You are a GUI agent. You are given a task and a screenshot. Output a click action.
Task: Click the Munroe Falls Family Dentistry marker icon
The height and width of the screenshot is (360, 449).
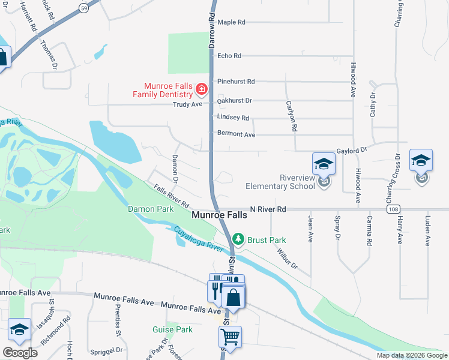tap(202, 91)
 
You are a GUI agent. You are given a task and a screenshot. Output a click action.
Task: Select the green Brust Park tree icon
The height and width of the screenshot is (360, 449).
tap(239, 239)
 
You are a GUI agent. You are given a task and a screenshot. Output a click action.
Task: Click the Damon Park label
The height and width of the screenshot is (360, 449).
tap(150, 209)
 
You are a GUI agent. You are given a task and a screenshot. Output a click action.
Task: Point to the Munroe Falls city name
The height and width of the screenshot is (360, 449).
tap(218, 215)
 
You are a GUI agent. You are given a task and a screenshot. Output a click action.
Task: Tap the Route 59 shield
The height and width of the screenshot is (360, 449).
tap(83, 8)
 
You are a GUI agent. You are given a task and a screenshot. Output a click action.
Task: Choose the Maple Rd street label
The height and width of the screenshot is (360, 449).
tap(232, 22)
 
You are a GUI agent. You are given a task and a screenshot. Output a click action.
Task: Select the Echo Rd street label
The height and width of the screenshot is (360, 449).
tap(229, 56)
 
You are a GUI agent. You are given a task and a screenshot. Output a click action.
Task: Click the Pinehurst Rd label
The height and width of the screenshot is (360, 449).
tap(236, 82)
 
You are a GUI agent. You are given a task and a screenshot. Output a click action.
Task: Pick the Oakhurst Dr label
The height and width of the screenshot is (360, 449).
tap(235, 101)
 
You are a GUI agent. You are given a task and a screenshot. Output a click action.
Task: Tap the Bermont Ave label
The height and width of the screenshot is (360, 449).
tap(236, 134)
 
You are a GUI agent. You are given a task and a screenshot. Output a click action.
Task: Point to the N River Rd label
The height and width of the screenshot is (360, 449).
tap(268, 209)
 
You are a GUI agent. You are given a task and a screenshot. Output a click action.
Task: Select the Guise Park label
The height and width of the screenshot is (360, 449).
tap(172, 329)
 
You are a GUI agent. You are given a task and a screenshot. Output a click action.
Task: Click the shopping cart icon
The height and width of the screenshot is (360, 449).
tap(231, 338)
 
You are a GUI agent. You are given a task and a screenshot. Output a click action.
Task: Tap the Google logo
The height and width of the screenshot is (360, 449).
tap(20, 352)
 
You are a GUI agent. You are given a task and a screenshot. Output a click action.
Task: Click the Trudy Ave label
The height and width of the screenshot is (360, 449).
tap(188, 104)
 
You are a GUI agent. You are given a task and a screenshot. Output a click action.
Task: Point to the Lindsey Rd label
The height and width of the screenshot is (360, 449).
tap(233, 118)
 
